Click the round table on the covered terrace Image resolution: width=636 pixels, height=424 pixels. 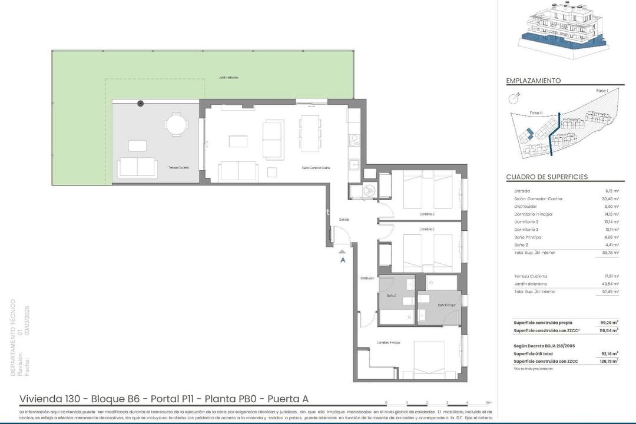click(175, 124)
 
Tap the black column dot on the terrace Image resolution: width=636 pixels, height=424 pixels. click(140, 104)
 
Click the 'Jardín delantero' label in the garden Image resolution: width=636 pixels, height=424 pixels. click(228, 77)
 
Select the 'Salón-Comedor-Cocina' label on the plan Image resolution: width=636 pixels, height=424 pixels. click(316, 168)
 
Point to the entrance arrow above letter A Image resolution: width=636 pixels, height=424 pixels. click(342, 251)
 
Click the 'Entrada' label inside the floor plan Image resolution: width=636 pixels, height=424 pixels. click(344, 220)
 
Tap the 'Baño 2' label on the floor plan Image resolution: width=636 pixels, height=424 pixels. click(391, 295)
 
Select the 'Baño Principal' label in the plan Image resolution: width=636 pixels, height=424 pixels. click(446, 305)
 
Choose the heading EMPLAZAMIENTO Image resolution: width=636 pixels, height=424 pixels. click(533, 81)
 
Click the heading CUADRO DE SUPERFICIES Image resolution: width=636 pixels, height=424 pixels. click(546, 177)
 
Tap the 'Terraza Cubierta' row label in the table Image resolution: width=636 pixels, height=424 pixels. click(531, 276)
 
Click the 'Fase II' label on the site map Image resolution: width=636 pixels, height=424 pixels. click(535, 112)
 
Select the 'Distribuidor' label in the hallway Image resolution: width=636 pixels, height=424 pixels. click(367, 278)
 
